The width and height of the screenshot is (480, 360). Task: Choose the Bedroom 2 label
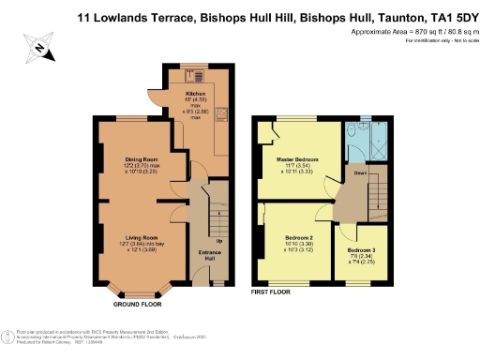coord(298,238)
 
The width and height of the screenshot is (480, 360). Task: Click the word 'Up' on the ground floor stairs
coord(219,241)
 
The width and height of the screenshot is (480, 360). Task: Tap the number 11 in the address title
coord(89,15)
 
